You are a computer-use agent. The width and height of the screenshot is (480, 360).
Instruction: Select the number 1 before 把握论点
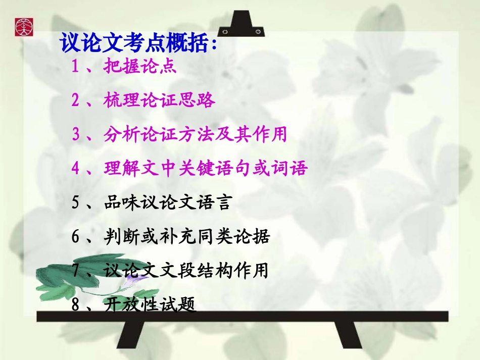[x=76, y=67]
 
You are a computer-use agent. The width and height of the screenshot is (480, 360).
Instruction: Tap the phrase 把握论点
[x=140, y=67]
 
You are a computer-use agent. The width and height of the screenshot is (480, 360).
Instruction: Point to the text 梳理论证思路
[x=160, y=100]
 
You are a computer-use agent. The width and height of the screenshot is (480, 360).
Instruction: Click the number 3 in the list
[x=76, y=134]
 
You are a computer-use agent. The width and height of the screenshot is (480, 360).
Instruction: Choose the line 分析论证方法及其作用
[x=195, y=134]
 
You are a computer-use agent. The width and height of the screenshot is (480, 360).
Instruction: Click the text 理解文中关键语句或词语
[x=205, y=168]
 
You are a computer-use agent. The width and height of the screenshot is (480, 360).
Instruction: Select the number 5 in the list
[x=76, y=202]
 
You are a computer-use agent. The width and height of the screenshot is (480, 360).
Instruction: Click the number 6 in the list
[x=76, y=236]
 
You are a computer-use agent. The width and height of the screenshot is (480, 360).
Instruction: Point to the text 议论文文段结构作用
[x=185, y=271]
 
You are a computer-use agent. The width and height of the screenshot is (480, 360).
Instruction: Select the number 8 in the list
[x=76, y=305]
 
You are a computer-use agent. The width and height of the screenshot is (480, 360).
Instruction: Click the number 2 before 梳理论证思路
[x=76, y=100]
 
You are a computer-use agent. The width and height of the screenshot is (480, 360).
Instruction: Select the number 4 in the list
[x=76, y=168]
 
